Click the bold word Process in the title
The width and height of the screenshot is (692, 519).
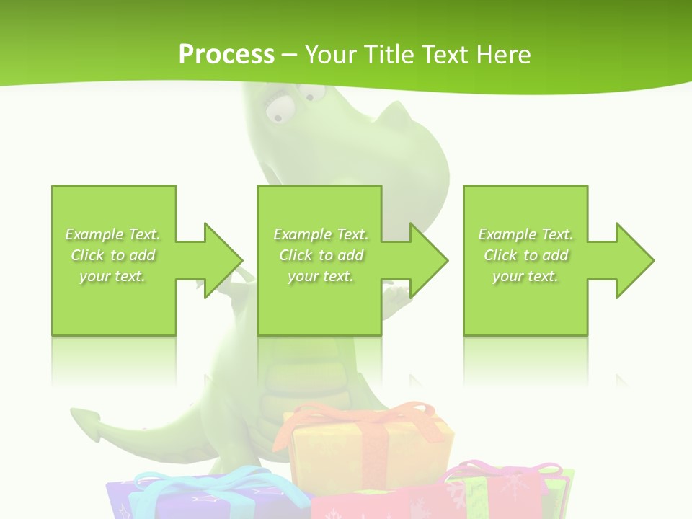coord(226,54)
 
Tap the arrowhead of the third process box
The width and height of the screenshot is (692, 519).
coord(635,260)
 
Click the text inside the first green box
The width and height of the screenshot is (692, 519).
coord(113,255)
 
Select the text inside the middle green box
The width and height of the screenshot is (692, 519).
coord(321,255)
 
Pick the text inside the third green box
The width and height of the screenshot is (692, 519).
coord(525,255)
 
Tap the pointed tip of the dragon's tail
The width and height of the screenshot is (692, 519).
coord(81,416)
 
